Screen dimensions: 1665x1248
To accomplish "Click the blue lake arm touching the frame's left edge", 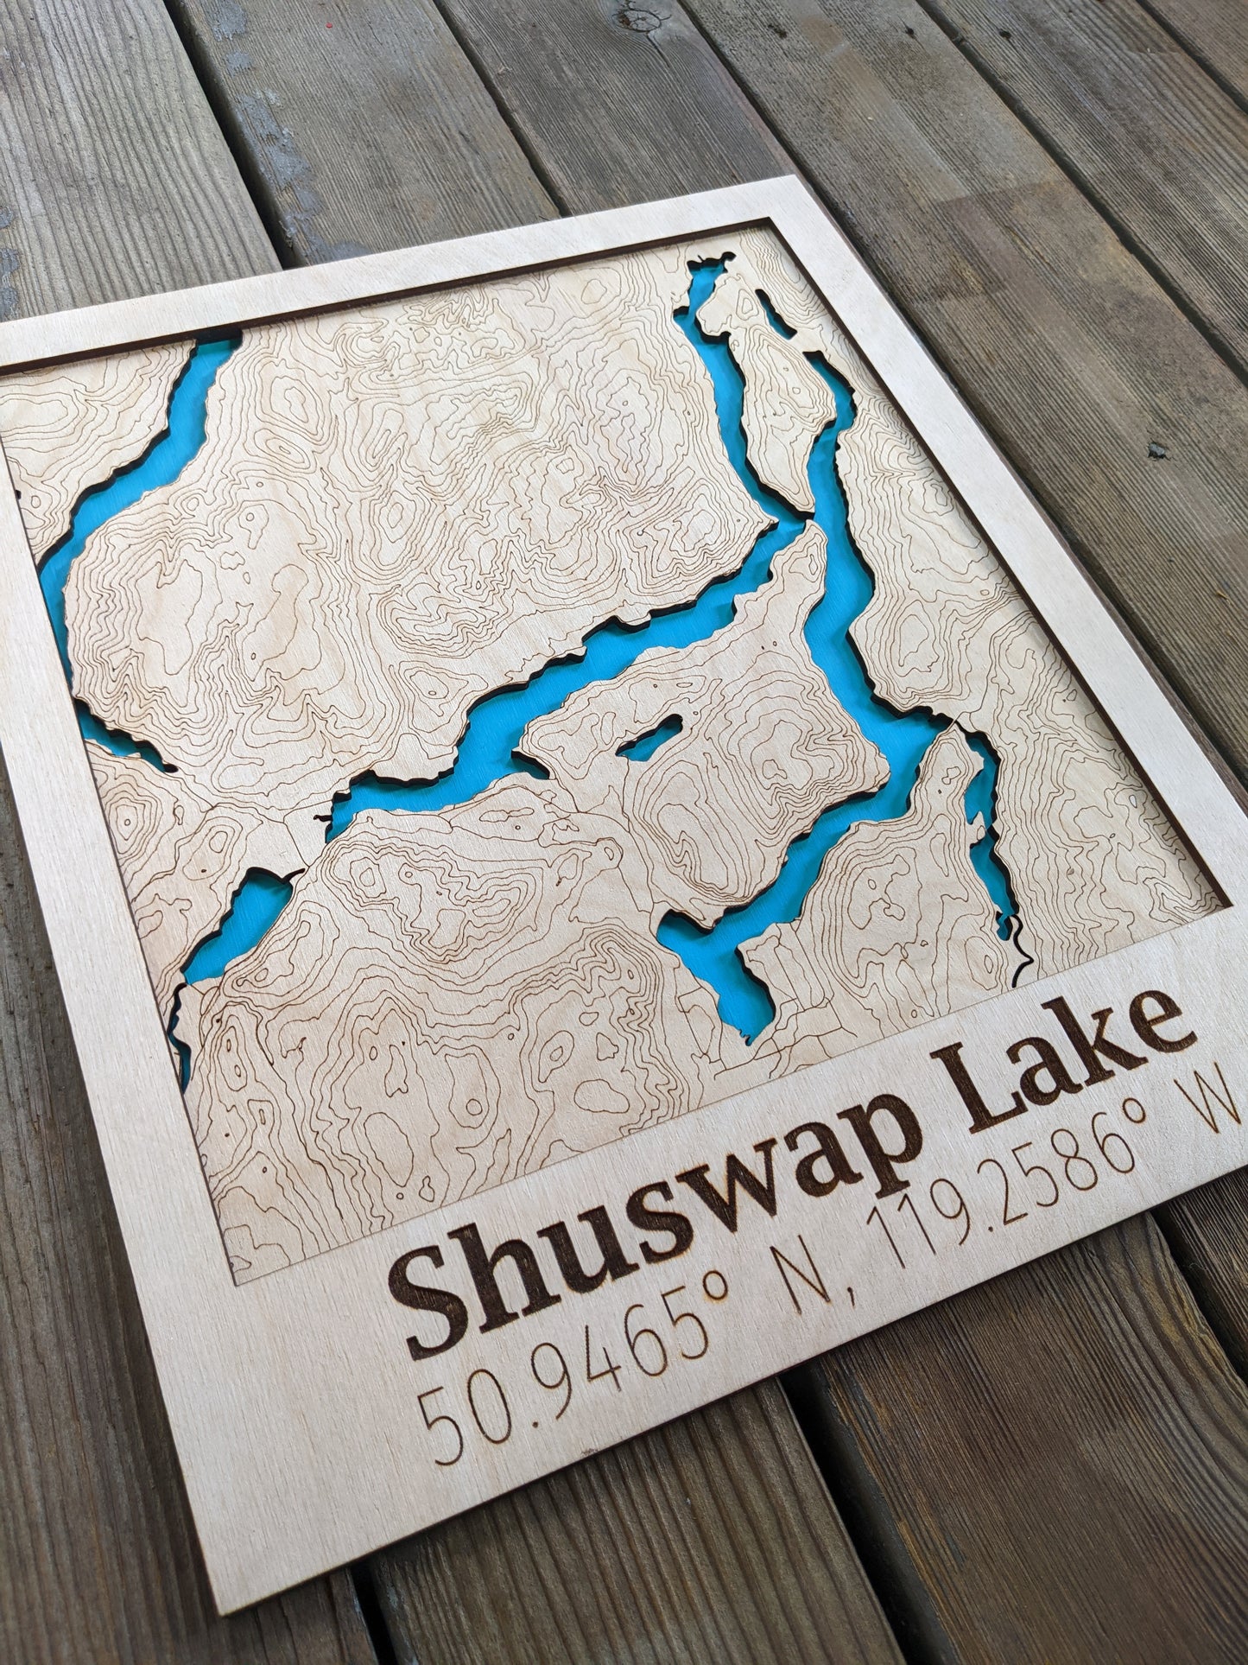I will click(52, 553).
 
